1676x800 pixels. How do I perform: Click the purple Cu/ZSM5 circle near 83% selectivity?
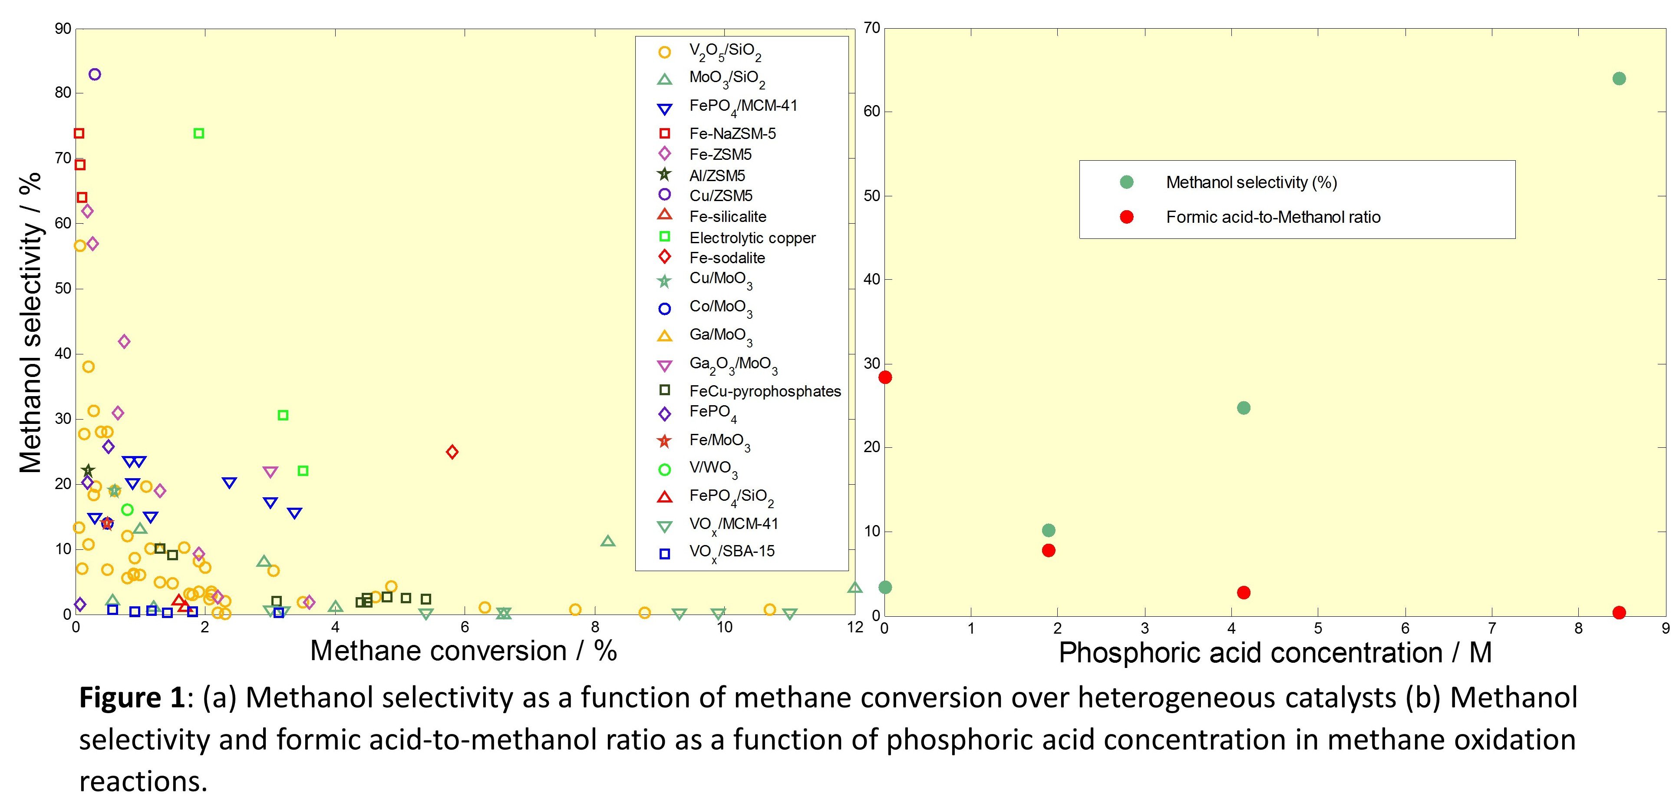point(94,74)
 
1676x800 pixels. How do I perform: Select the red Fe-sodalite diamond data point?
point(452,452)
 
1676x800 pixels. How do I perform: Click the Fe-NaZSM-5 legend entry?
point(732,133)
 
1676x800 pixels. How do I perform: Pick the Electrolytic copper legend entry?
point(752,238)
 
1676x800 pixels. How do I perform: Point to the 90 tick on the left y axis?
point(63,29)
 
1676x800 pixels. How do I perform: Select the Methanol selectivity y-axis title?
point(30,322)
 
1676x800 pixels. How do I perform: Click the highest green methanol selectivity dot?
point(1619,79)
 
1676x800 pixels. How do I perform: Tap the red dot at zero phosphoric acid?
point(885,377)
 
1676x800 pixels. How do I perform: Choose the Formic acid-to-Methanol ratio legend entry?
point(1273,217)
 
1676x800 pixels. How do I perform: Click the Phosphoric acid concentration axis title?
point(1274,653)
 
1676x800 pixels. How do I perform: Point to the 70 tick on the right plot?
point(872,28)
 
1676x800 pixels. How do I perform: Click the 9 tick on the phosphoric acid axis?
point(1666,628)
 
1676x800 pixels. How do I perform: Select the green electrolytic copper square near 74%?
point(199,133)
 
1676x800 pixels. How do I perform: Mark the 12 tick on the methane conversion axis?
point(855,627)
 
